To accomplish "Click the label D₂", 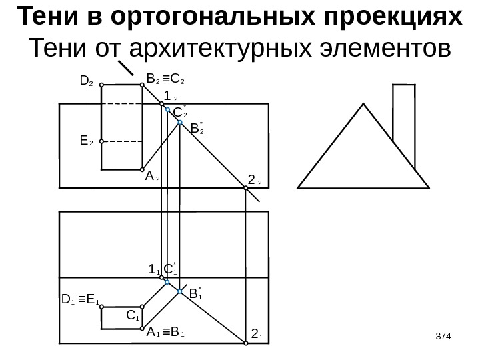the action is [x=85, y=82].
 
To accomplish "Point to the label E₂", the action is [x=85, y=141].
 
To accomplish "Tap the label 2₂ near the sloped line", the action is [x=255, y=180].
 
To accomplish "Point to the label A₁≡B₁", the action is [x=166, y=333].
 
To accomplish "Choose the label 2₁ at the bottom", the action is [x=257, y=333].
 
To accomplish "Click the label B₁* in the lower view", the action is [x=195, y=293].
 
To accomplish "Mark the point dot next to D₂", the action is [x=101, y=85].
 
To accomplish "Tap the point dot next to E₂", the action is [x=101, y=141].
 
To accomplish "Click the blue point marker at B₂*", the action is [x=180, y=123].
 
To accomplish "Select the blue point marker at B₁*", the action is [x=180, y=291].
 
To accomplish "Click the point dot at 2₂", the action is [x=245, y=189].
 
